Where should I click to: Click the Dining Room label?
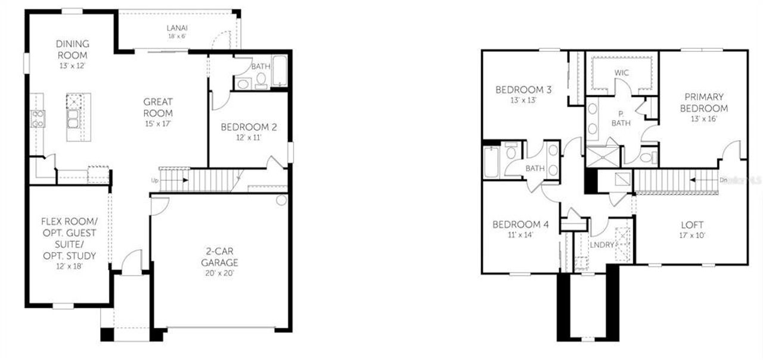[73, 49]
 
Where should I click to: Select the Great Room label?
[158, 107]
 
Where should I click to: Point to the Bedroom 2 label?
[249, 127]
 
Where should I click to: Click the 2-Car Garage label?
[219, 257]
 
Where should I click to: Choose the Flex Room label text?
[69, 221]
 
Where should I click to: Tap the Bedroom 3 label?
[523, 90]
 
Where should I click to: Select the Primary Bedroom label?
[704, 103]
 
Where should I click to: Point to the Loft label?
[692, 225]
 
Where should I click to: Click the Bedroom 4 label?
[520, 225]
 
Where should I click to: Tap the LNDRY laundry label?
[602, 244]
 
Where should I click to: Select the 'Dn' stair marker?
[724, 178]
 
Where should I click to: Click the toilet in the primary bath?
[646, 158]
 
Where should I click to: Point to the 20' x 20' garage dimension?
[219, 273]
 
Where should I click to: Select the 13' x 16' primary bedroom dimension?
[704, 119]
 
